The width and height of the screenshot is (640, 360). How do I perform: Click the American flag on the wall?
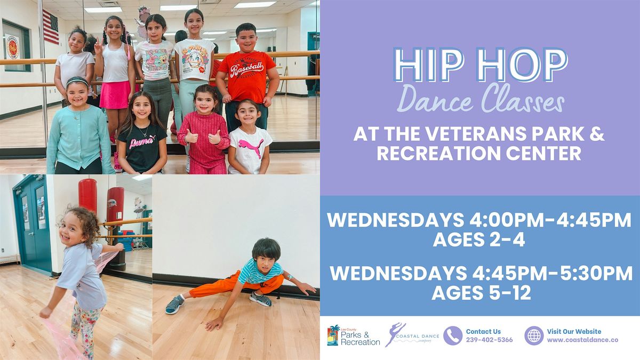click(51, 27)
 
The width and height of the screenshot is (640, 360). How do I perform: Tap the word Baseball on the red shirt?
click(246, 68)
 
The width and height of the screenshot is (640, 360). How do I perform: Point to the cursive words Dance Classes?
click(481, 99)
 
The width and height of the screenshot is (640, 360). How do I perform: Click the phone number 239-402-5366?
click(489, 340)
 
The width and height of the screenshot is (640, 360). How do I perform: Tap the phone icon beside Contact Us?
click(453, 335)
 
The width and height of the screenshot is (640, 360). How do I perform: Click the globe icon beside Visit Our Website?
click(534, 335)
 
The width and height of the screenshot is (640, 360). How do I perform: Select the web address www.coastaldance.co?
click(582, 340)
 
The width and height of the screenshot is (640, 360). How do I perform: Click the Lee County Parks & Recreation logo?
click(353, 336)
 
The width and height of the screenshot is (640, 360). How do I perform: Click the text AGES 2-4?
click(479, 241)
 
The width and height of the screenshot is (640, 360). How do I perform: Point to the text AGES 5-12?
click(481, 293)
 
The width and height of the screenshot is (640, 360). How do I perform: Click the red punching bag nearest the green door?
click(87, 196)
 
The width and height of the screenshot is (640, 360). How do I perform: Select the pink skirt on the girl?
click(114, 95)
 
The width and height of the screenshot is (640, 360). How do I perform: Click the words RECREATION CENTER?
click(479, 154)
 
